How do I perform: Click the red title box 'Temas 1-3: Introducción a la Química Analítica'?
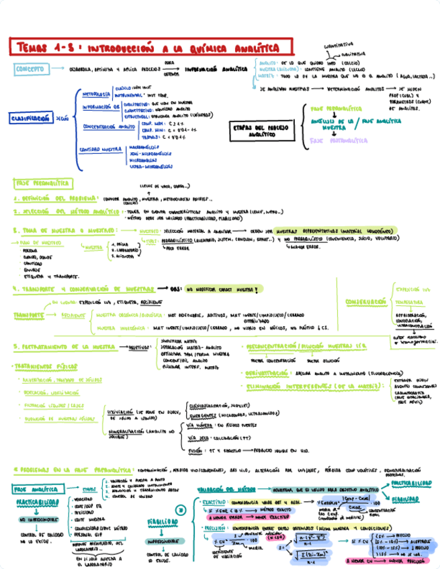pos(152,48)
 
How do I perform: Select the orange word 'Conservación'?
pos(365,302)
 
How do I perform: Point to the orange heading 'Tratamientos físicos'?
pos(45,367)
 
